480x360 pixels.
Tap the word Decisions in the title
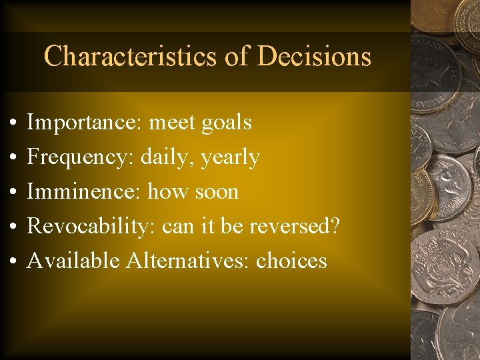pos(314,57)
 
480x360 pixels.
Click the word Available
pos(73,261)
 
